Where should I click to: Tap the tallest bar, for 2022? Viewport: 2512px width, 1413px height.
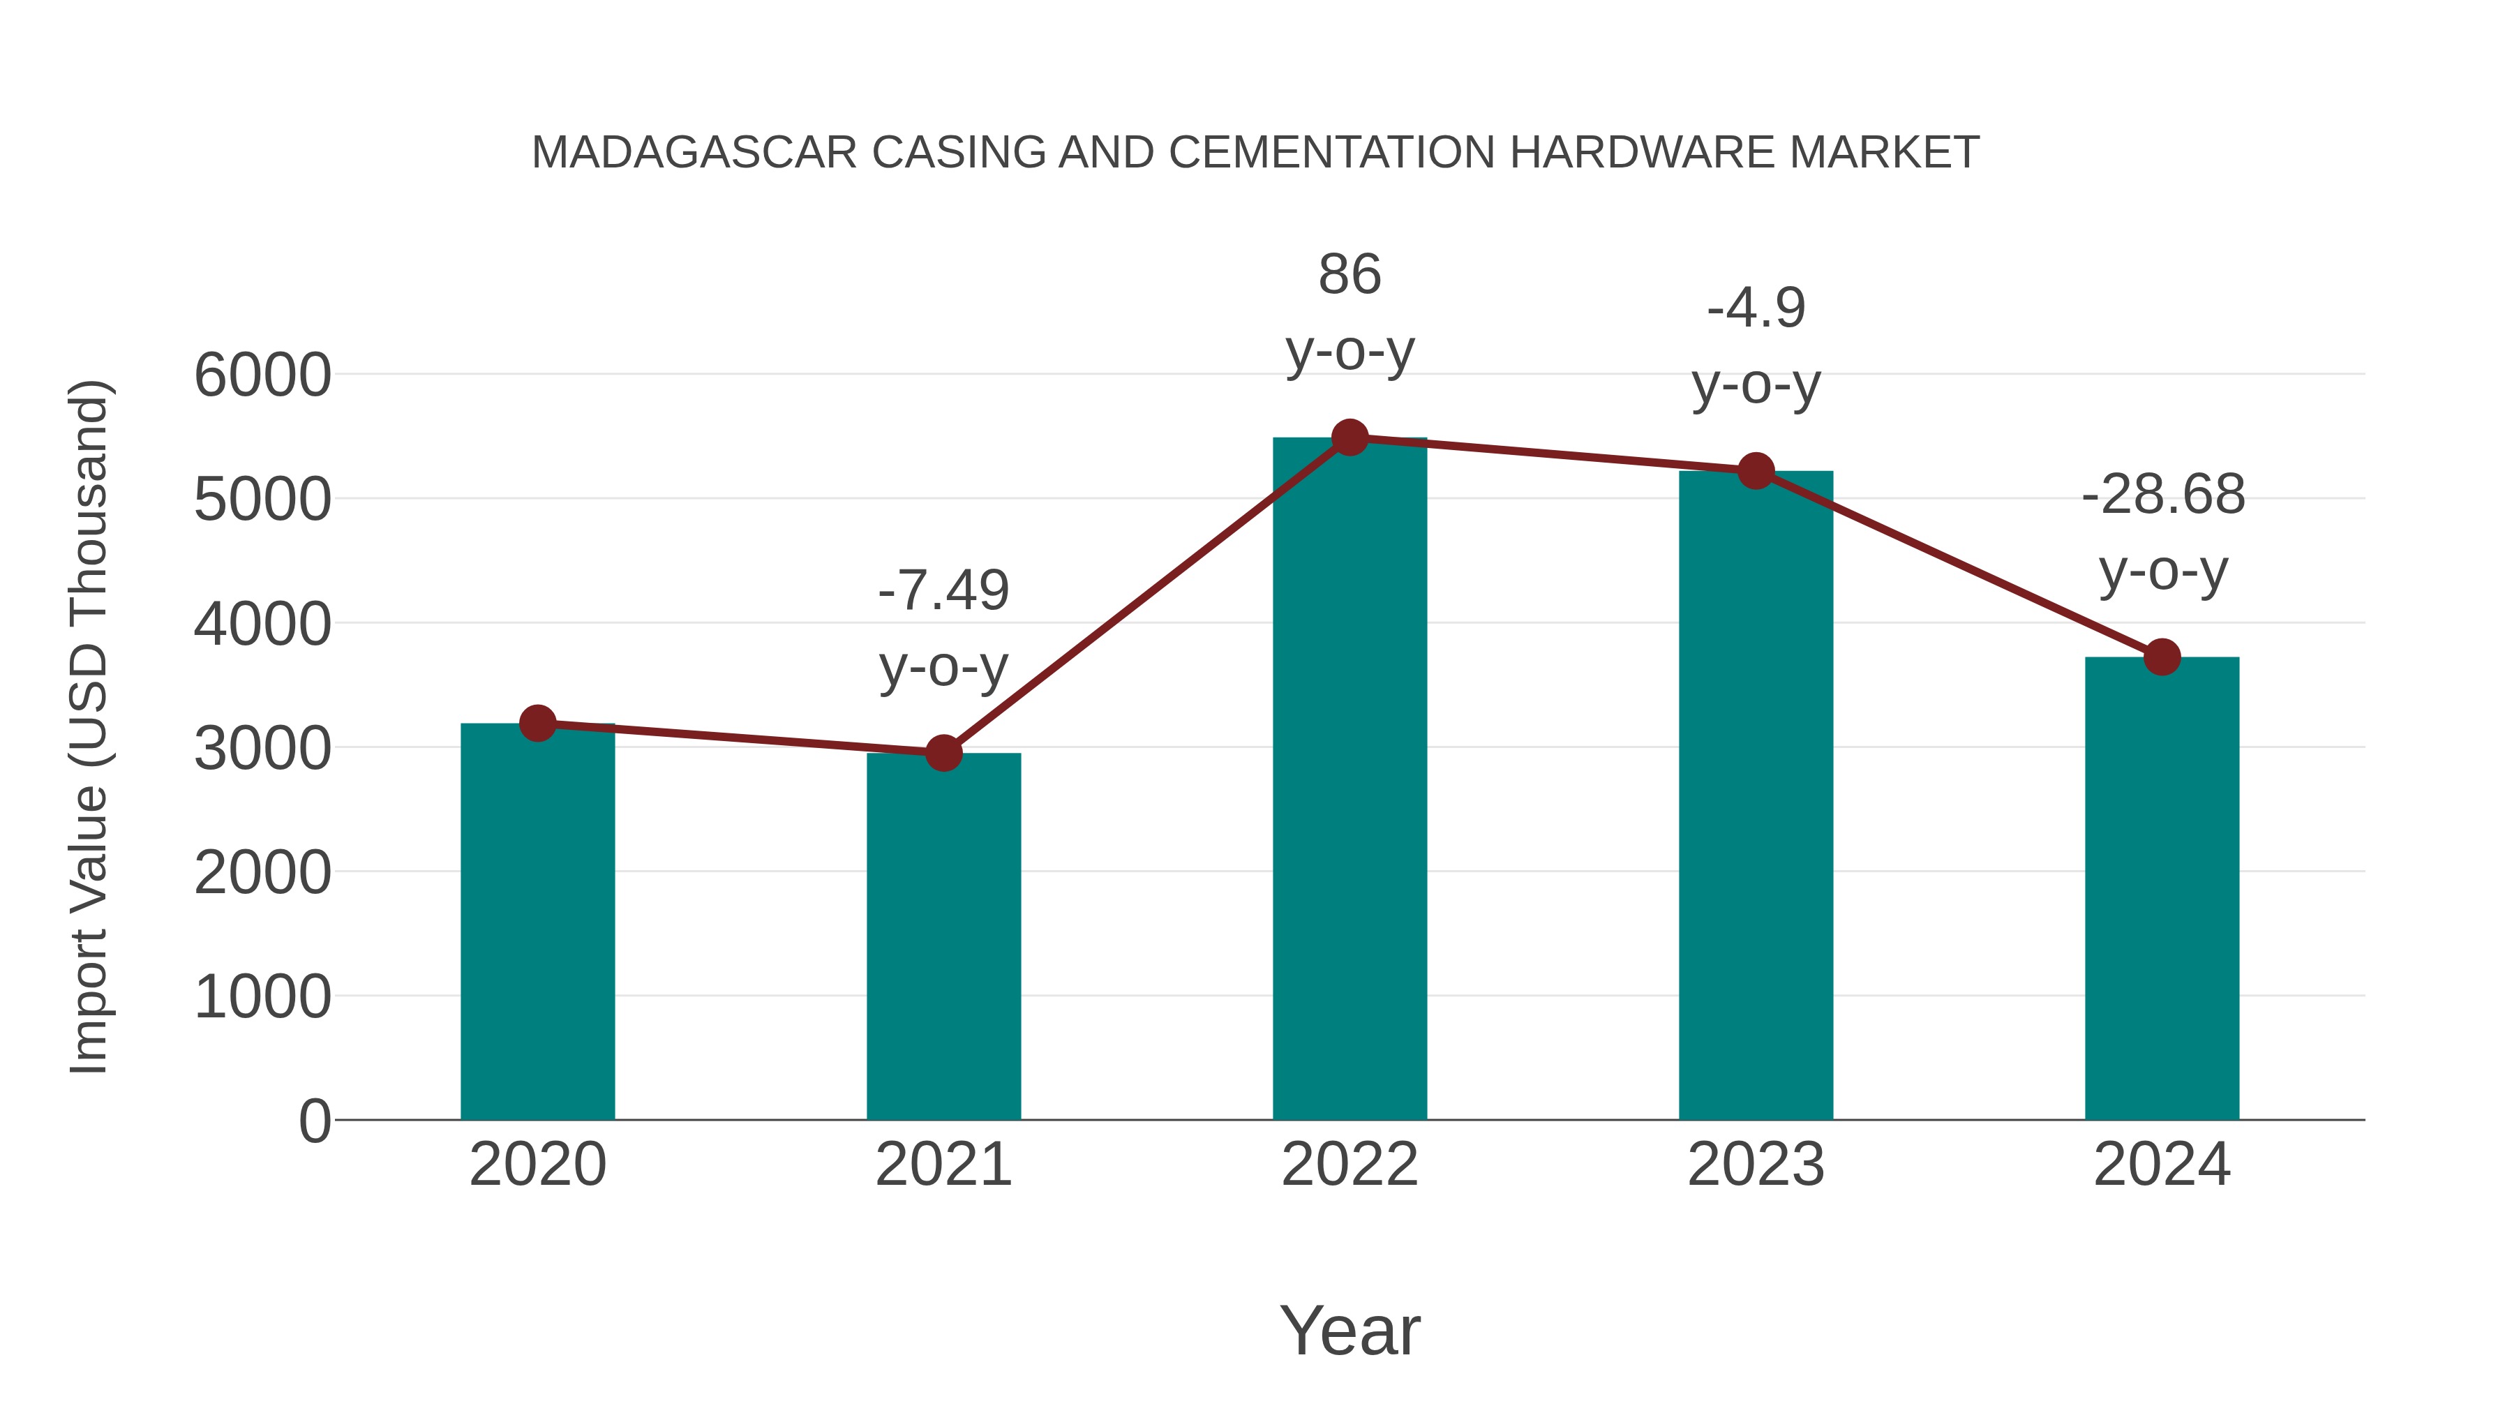(1350, 780)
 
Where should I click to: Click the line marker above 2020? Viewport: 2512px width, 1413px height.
(537, 724)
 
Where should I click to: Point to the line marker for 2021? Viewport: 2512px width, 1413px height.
(943, 753)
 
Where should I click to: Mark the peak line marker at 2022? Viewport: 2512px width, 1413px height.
(1350, 438)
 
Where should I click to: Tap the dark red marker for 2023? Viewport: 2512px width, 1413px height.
(1756, 471)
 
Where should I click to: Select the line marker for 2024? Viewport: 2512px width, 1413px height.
(2162, 657)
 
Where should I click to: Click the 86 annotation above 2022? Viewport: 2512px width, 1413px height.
(1350, 275)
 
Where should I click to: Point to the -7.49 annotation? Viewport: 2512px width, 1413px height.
(943, 591)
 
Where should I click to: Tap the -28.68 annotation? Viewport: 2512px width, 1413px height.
(2163, 495)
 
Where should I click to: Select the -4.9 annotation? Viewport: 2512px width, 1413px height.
(1756, 309)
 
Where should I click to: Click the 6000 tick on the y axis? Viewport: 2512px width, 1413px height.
(262, 375)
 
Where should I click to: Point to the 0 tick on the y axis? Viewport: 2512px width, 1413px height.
(314, 1121)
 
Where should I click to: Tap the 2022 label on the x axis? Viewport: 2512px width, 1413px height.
(1350, 1165)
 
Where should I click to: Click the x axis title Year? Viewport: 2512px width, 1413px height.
(1350, 1331)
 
